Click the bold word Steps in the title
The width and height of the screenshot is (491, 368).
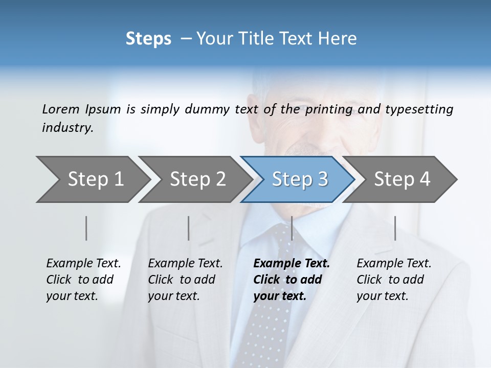click(148, 39)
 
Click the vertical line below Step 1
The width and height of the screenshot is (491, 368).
click(86, 228)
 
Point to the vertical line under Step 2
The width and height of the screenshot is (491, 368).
click(189, 228)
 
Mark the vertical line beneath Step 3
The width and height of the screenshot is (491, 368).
click(292, 228)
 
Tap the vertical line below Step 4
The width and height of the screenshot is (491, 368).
click(395, 228)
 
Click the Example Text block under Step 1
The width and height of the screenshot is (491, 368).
click(83, 280)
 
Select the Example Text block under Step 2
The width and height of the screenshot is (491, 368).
click(185, 280)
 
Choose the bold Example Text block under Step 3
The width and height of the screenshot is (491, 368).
click(292, 280)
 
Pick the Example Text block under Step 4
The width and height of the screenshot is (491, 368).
click(394, 280)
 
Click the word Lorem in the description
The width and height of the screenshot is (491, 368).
click(61, 109)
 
